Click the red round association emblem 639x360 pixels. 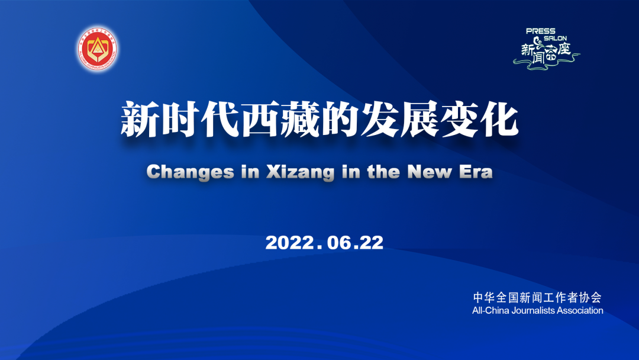[x=98, y=49]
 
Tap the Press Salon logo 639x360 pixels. [x=546, y=49]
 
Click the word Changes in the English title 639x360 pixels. [x=191, y=172]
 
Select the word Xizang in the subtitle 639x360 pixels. [x=301, y=172]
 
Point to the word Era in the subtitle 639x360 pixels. [x=476, y=172]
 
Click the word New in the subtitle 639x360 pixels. [x=430, y=172]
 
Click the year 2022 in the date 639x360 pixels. [x=289, y=243]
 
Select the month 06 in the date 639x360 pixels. [x=340, y=243]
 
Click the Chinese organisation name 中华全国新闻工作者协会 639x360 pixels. [x=537, y=298]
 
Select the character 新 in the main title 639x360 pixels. [x=140, y=120]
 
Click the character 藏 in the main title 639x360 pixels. [x=299, y=120]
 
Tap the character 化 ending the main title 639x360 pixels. [x=499, y=120]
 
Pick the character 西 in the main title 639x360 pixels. [x=260, y=120]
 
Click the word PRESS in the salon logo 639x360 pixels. [x=540, y=31]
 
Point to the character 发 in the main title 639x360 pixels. [x=379, y=120]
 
